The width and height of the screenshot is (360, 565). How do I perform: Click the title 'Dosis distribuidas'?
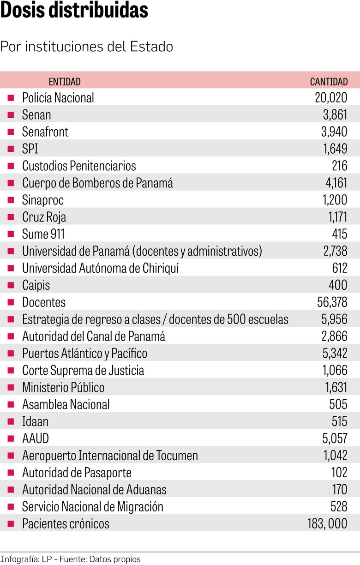click(74, 11)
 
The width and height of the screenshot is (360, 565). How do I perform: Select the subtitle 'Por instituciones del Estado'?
click(87, 47)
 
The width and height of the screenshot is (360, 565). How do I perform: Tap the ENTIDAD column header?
click(65, 82)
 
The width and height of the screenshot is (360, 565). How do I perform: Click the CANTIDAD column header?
click(329, 82)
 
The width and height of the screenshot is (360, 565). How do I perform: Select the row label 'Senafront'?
click(45, 132)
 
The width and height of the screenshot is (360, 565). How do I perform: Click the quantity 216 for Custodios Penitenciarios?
click(339, 166)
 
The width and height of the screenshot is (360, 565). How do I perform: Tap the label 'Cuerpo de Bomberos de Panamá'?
click(97, 183)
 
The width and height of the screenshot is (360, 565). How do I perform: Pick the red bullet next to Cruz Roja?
click(11, 217)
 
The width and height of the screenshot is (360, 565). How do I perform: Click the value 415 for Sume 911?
click(339, 234)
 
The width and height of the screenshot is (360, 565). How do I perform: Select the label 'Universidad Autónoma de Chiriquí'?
click(100, 268)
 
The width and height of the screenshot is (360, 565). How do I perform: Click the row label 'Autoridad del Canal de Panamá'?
click(94, 337)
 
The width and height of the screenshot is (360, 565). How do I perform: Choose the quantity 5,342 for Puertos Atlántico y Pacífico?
click(334, 354)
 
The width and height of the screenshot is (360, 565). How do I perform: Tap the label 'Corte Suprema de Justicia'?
click(83, 371)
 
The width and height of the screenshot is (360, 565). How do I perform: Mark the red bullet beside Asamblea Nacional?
click(11, 405)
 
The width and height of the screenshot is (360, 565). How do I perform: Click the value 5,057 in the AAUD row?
click(334, 439)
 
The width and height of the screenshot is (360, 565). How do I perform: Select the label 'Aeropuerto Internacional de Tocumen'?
click(110, 456)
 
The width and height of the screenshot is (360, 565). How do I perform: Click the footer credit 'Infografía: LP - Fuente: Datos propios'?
click(70, 559)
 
